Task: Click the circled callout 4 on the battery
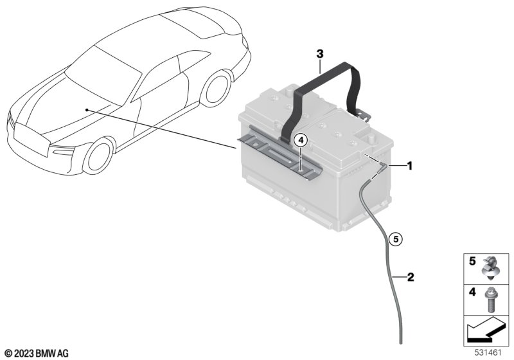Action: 301,141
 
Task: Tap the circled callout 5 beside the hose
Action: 396,239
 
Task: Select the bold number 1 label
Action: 409,166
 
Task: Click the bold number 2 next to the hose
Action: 411,277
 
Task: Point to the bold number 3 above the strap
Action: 319,54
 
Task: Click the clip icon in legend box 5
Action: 490,268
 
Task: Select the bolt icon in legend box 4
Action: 490,299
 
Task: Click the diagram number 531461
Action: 488,353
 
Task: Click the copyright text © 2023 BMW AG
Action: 37,353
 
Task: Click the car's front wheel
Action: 98,156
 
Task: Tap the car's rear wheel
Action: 216,88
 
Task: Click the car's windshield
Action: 103,75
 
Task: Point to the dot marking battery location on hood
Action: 87,110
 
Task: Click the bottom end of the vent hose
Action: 400,343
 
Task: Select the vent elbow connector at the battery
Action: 382,168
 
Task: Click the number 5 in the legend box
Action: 472,261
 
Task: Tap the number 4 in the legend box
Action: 472,292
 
